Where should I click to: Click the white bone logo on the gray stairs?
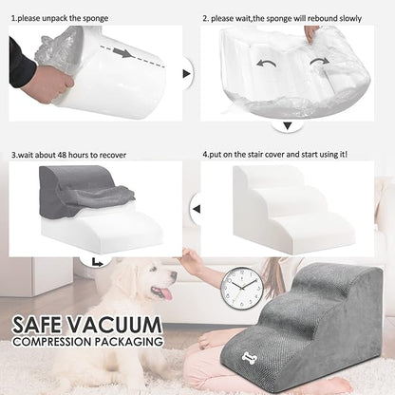click(x=250, y=357)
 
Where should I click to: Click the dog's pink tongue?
click(x=165, y=294)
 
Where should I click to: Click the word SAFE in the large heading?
click(x=37, y=325)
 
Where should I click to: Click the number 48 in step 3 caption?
click(x=62, y=155)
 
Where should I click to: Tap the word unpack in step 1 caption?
click(x=55, y=18)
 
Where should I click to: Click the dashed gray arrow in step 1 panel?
click(x=132, y=56)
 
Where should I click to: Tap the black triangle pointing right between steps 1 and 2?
click(x=186, y=74)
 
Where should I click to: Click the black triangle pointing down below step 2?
click(x=288, y=126)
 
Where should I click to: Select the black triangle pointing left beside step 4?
click(x=197, y=209)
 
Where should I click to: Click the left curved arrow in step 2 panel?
click(x=266, y=63)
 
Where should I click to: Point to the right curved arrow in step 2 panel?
click(x=320, y=61)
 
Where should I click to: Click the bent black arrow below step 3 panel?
click(x=98, y=263)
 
